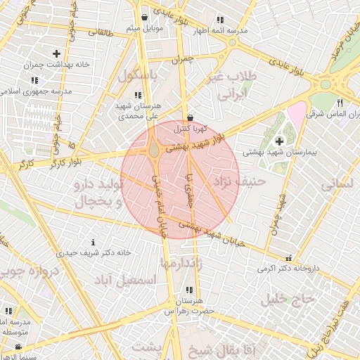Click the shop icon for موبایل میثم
(x=144, y=17)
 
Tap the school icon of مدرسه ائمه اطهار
(x=220, y=20)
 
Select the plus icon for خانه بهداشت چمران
(x=56, y=53)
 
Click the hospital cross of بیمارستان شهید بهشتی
(x=279, y=141)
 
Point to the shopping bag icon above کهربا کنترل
(x=191, y=117)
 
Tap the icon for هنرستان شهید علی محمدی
(x=138, y=95)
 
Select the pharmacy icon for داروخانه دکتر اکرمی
(x=288, y=258)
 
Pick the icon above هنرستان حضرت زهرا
(x=188, y=290)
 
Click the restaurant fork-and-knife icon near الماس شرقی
(x=340, y=103)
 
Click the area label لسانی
(x=336, y=185)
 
